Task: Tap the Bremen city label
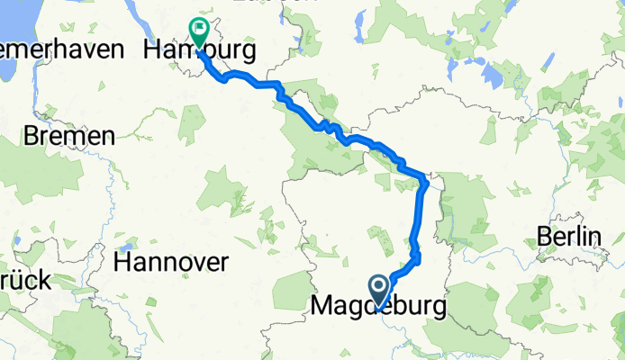tap(70, 137)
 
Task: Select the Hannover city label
tap(171, 263)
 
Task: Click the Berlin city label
tap(568, 236)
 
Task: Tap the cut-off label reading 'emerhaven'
tap(61, 49)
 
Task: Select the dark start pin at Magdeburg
tap(379, 291)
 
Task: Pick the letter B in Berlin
tap(543, 236)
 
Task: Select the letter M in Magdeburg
tap(322, 307)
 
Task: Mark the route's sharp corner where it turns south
tap(424, 177)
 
